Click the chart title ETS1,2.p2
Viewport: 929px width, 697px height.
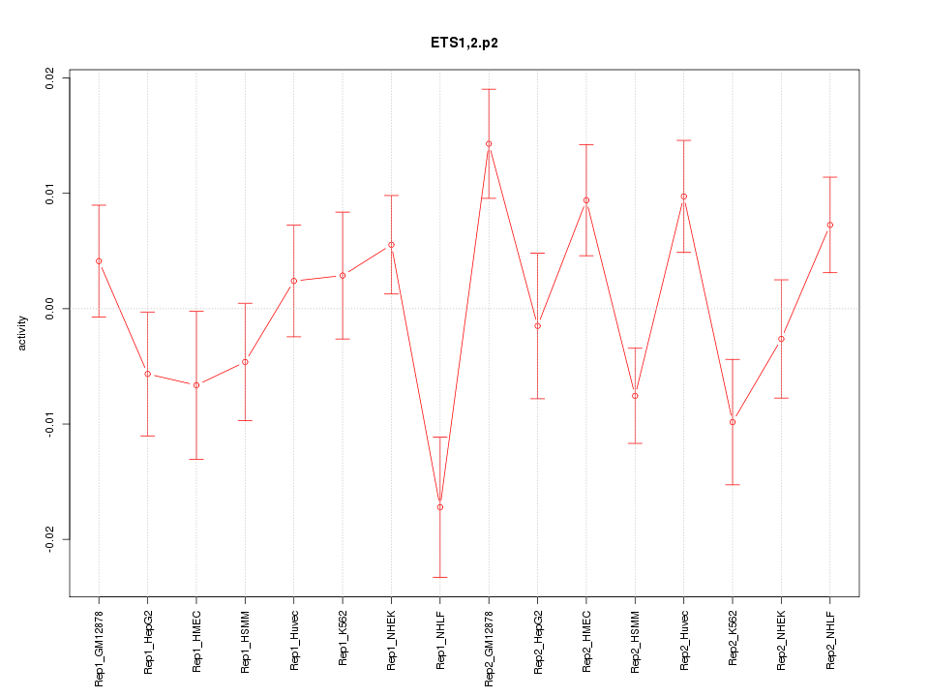click(464, 43)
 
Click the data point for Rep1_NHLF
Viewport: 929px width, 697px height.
click(440, 507)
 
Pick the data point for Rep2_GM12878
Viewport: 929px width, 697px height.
click(489, 144)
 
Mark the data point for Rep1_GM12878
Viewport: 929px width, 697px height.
click(99, 261)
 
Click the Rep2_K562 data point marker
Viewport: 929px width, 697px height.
click(733, 422)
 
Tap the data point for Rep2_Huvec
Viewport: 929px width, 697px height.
click(684, 197)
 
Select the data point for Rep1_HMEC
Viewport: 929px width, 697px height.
click(196, 385)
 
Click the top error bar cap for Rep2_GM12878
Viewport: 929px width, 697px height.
click(489, 89)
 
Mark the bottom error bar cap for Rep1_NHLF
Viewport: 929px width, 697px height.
click(440, 577)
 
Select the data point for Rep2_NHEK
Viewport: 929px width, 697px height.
click(781, 339)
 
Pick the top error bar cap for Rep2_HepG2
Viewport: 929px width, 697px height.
click(537, 253)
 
